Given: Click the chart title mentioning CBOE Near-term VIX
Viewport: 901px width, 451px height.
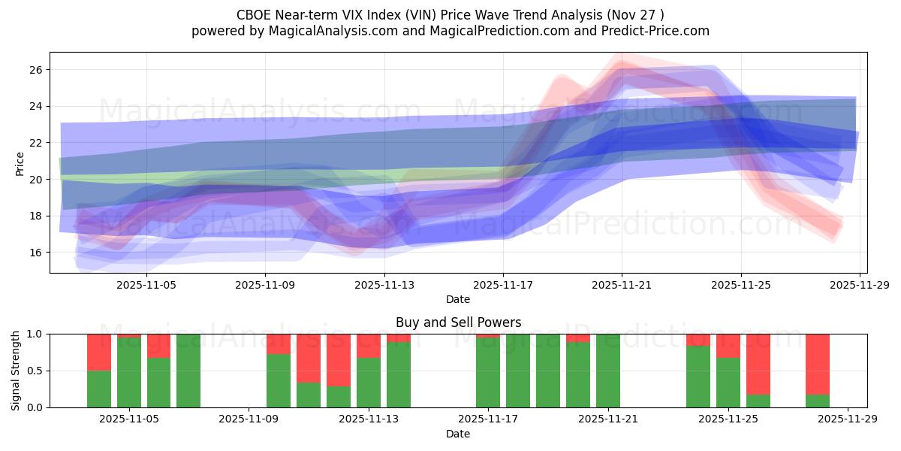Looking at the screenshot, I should pos(450,14).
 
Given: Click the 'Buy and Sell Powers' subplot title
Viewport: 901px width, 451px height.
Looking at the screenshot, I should pos(458,322).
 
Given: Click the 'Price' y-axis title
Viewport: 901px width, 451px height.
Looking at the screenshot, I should pos(20,164).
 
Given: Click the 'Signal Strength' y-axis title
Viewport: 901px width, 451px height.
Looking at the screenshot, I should pos(16,371).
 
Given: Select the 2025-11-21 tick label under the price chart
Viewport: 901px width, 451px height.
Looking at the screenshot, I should pos(622,285).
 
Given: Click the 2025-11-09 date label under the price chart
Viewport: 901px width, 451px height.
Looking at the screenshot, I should pos(265,285).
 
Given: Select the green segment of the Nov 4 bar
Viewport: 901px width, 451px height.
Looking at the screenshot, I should pos(99,389).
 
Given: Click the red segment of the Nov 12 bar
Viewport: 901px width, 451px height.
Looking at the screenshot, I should pos(339,359).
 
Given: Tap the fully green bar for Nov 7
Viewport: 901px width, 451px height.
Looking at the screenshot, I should pos(188,371).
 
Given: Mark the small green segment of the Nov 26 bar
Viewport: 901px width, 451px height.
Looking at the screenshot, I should pos(758,401).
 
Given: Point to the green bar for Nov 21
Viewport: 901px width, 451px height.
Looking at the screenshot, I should pos(608,371).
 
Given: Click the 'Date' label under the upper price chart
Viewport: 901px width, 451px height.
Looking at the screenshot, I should pos(458,299).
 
